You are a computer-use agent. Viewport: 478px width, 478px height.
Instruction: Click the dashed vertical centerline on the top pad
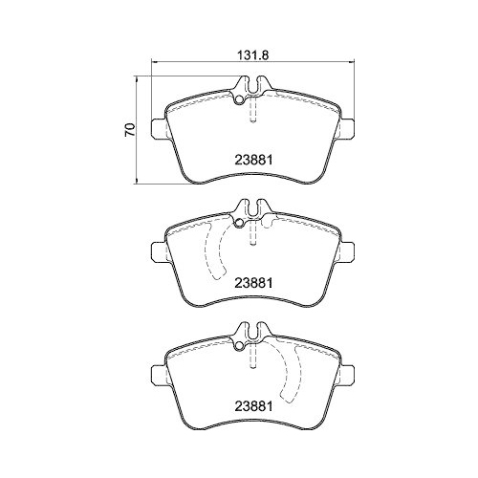click(x=251, y=115)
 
